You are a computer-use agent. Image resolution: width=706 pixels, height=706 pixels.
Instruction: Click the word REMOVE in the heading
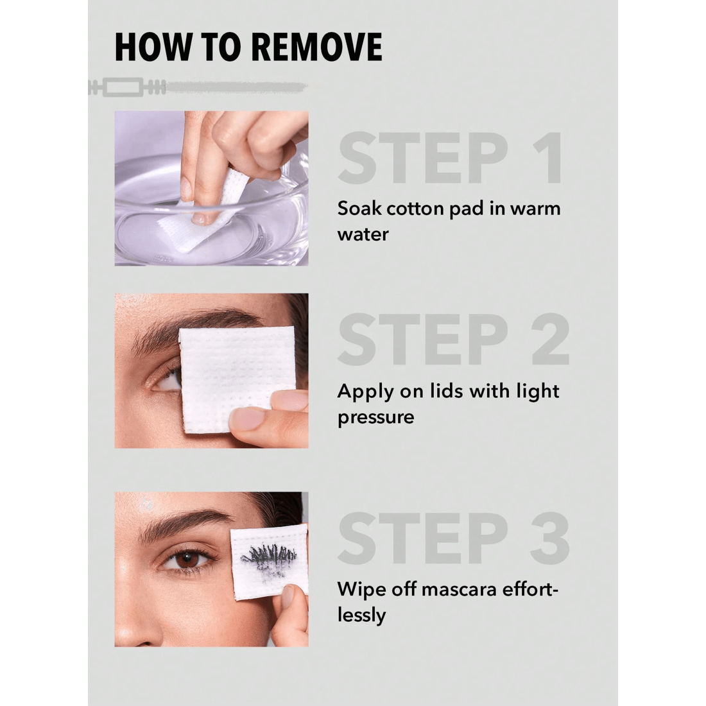[x=316, y=47]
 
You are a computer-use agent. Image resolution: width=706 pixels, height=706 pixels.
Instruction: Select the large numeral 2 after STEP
[x=550, y=340]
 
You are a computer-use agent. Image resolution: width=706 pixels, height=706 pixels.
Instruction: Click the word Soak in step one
[x=359, y=209]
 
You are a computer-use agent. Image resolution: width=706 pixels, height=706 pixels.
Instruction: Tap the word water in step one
[x=363, y=234]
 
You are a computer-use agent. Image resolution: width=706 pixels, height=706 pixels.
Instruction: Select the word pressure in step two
[x=375, y=417]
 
